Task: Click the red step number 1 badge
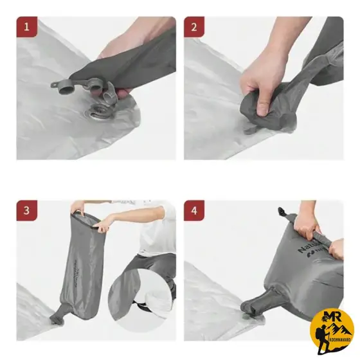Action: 27,28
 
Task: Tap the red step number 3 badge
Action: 27,211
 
